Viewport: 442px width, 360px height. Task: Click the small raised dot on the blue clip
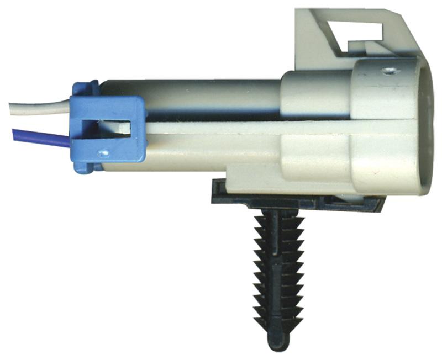[x=102, y=152]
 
